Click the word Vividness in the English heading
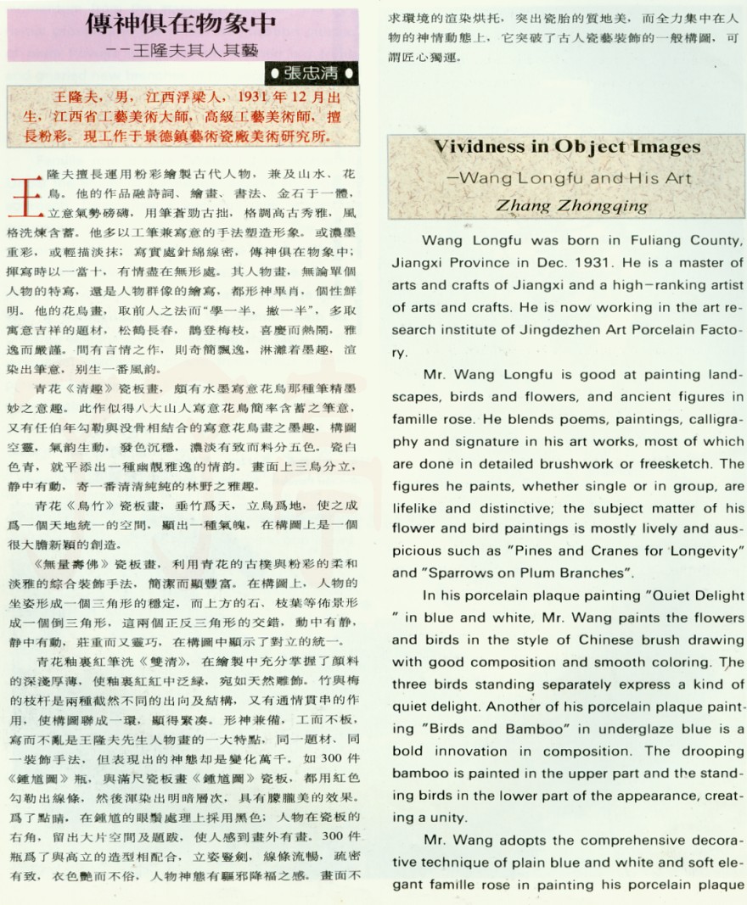(x=478, y=147)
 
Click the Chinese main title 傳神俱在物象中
(x=184, y=23)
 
